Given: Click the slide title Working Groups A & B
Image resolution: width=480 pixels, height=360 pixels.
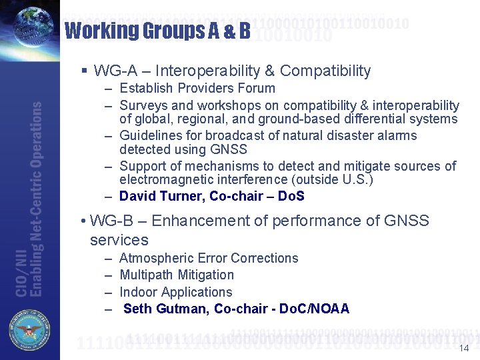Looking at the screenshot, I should pos(157,31).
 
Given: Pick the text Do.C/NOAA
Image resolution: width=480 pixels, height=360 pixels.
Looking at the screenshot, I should pos(314,309).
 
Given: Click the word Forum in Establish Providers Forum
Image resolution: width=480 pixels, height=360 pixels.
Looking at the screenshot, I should pos(257,88).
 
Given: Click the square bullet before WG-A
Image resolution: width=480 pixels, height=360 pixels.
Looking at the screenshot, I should pos(83,71).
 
